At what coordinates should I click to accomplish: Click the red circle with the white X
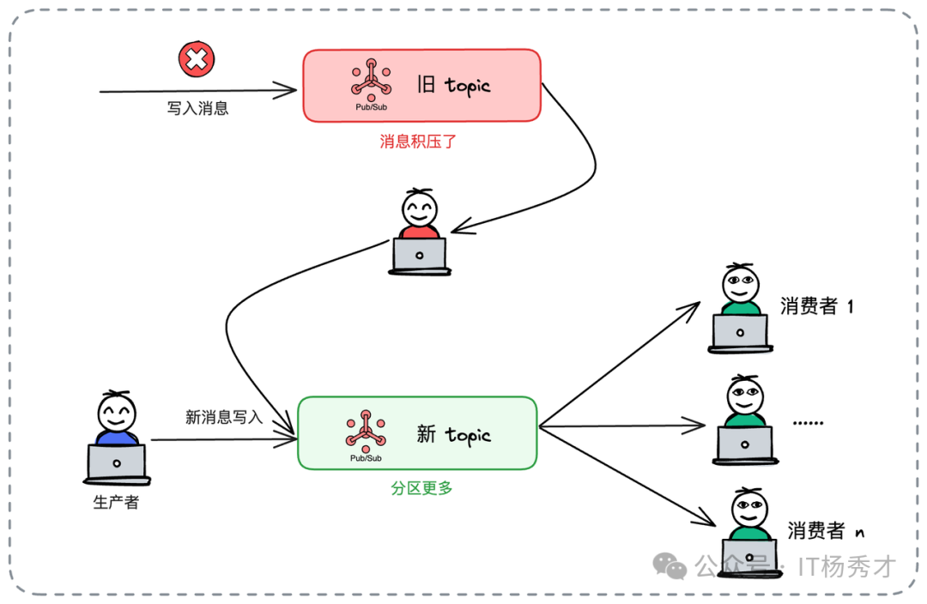[x=197, y=59]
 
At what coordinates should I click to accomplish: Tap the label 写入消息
[x=197, y=109]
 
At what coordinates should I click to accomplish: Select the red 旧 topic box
[x=421, y=85]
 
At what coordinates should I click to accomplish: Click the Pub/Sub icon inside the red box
[x=371, y=80]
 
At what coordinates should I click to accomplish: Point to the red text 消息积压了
[x=419, y=142]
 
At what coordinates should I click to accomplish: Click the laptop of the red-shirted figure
[x=420, y=255]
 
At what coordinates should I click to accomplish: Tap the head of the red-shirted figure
[x=420, y=208]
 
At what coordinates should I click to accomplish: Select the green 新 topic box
[x=417, y=432]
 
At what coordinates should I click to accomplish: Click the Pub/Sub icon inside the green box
[x=366, y=430]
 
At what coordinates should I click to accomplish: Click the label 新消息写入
[x=224, y=417]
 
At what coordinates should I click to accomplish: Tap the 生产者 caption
[x=116, y=503]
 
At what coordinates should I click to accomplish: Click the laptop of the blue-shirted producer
[x=117, y=463]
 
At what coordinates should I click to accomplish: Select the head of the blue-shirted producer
[x=115, y=414]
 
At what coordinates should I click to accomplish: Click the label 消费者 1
[x=816, y=306]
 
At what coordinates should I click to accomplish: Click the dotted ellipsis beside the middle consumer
[x=807, y=423]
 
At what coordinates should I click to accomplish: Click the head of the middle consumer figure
[x=743, y=396]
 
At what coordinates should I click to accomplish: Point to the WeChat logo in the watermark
[x=669, y=565]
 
